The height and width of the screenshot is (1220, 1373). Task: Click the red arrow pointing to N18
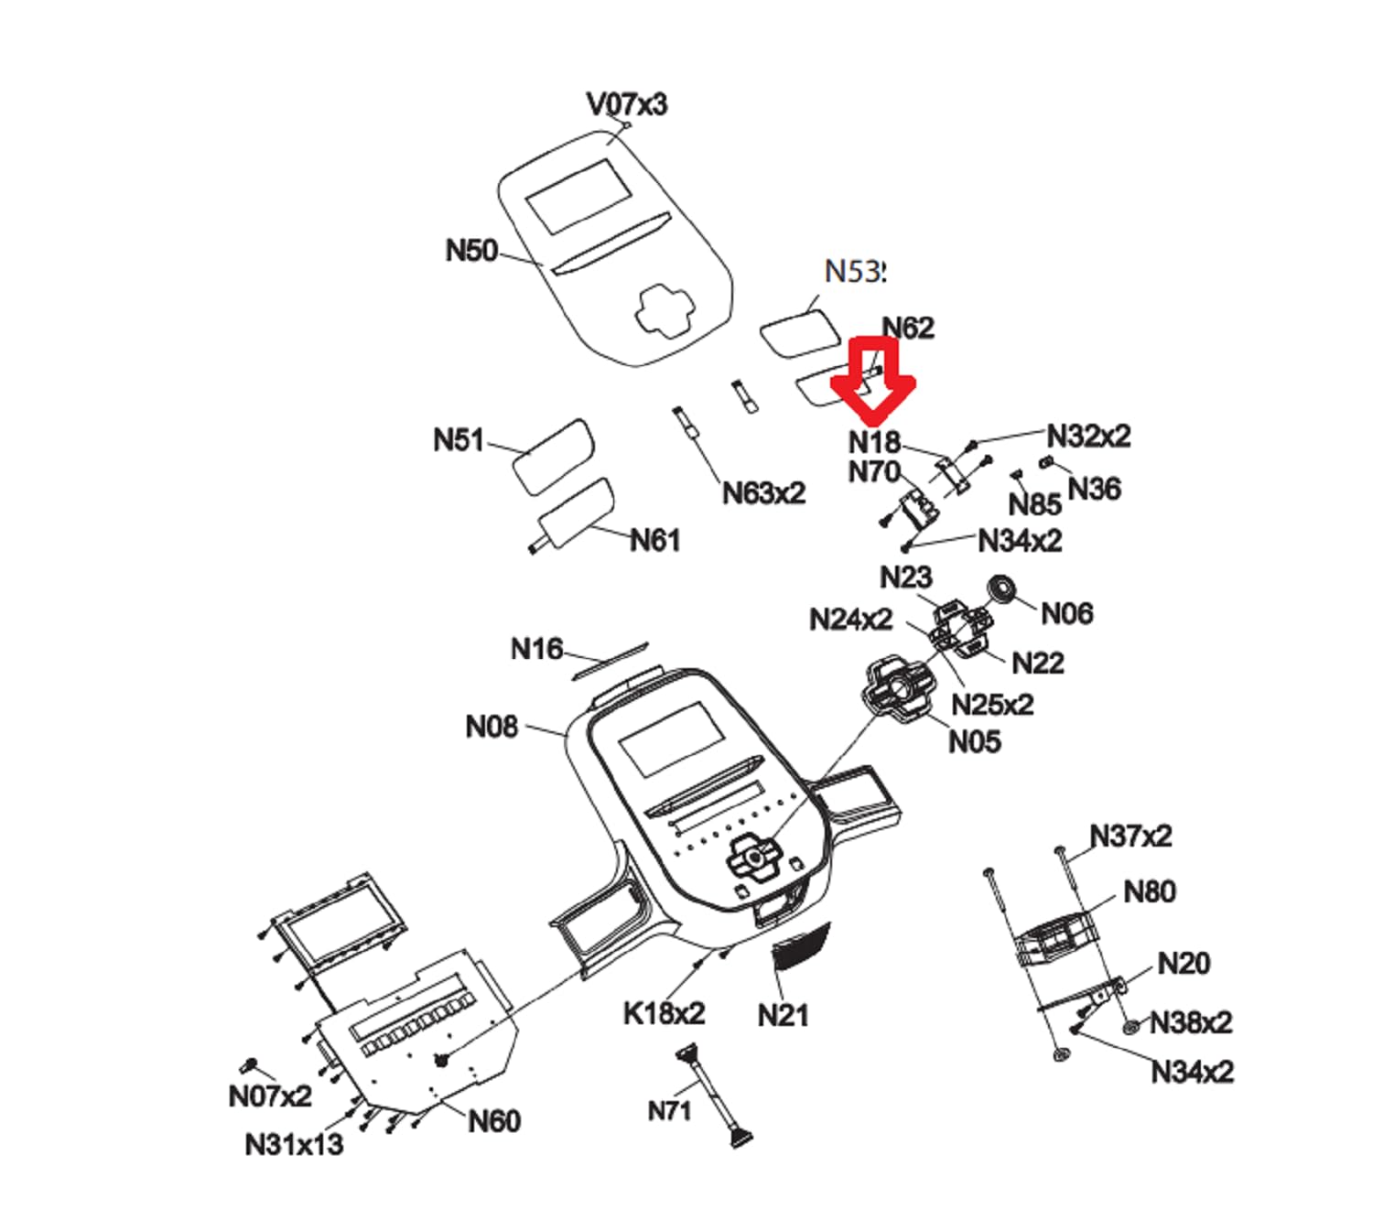[x=872, y=377]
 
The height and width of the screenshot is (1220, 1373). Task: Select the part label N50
[x=470, y=251]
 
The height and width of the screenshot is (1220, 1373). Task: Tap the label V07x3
[x=627, y=104]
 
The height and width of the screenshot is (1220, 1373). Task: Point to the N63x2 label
[x=763, y=493]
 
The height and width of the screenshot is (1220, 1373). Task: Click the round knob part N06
[x=1003, y=589]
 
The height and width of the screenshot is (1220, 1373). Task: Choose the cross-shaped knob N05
[x=899, y=686]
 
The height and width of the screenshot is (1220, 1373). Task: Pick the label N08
[x=492, y=727]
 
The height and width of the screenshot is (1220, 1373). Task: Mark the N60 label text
[x=493, y=1120]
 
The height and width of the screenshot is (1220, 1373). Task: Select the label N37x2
[x=1130, y=836]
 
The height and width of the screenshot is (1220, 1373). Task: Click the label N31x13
[x=294, y=1144]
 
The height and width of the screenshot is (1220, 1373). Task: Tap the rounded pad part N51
[x=552, y=456]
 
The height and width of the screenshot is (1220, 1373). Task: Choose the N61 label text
[x=654, y=540]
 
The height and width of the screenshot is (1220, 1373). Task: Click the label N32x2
[x=1088, y=436]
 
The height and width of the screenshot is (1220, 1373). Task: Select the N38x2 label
[x=1190, y=1021]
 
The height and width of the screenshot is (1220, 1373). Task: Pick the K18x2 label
[x=664, y=1013]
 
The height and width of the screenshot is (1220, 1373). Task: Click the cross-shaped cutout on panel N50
[x=666, y=309]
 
